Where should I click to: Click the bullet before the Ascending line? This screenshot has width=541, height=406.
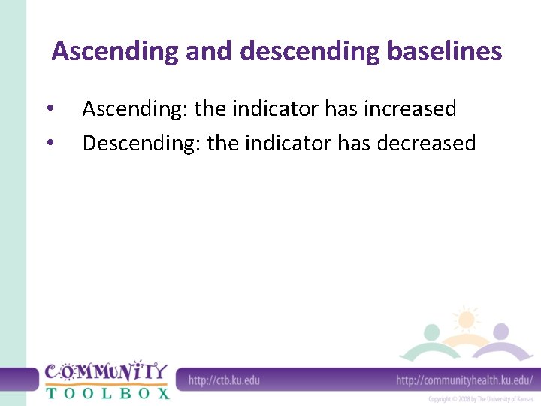(50, 110)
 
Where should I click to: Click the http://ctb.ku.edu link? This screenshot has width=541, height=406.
(224, 380)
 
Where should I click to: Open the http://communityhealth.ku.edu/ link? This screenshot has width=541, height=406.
(464, 380)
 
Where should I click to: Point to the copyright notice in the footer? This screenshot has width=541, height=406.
(481, 398)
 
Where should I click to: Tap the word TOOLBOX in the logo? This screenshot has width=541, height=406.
(106, 392)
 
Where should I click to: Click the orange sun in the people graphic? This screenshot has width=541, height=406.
(467, 319)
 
